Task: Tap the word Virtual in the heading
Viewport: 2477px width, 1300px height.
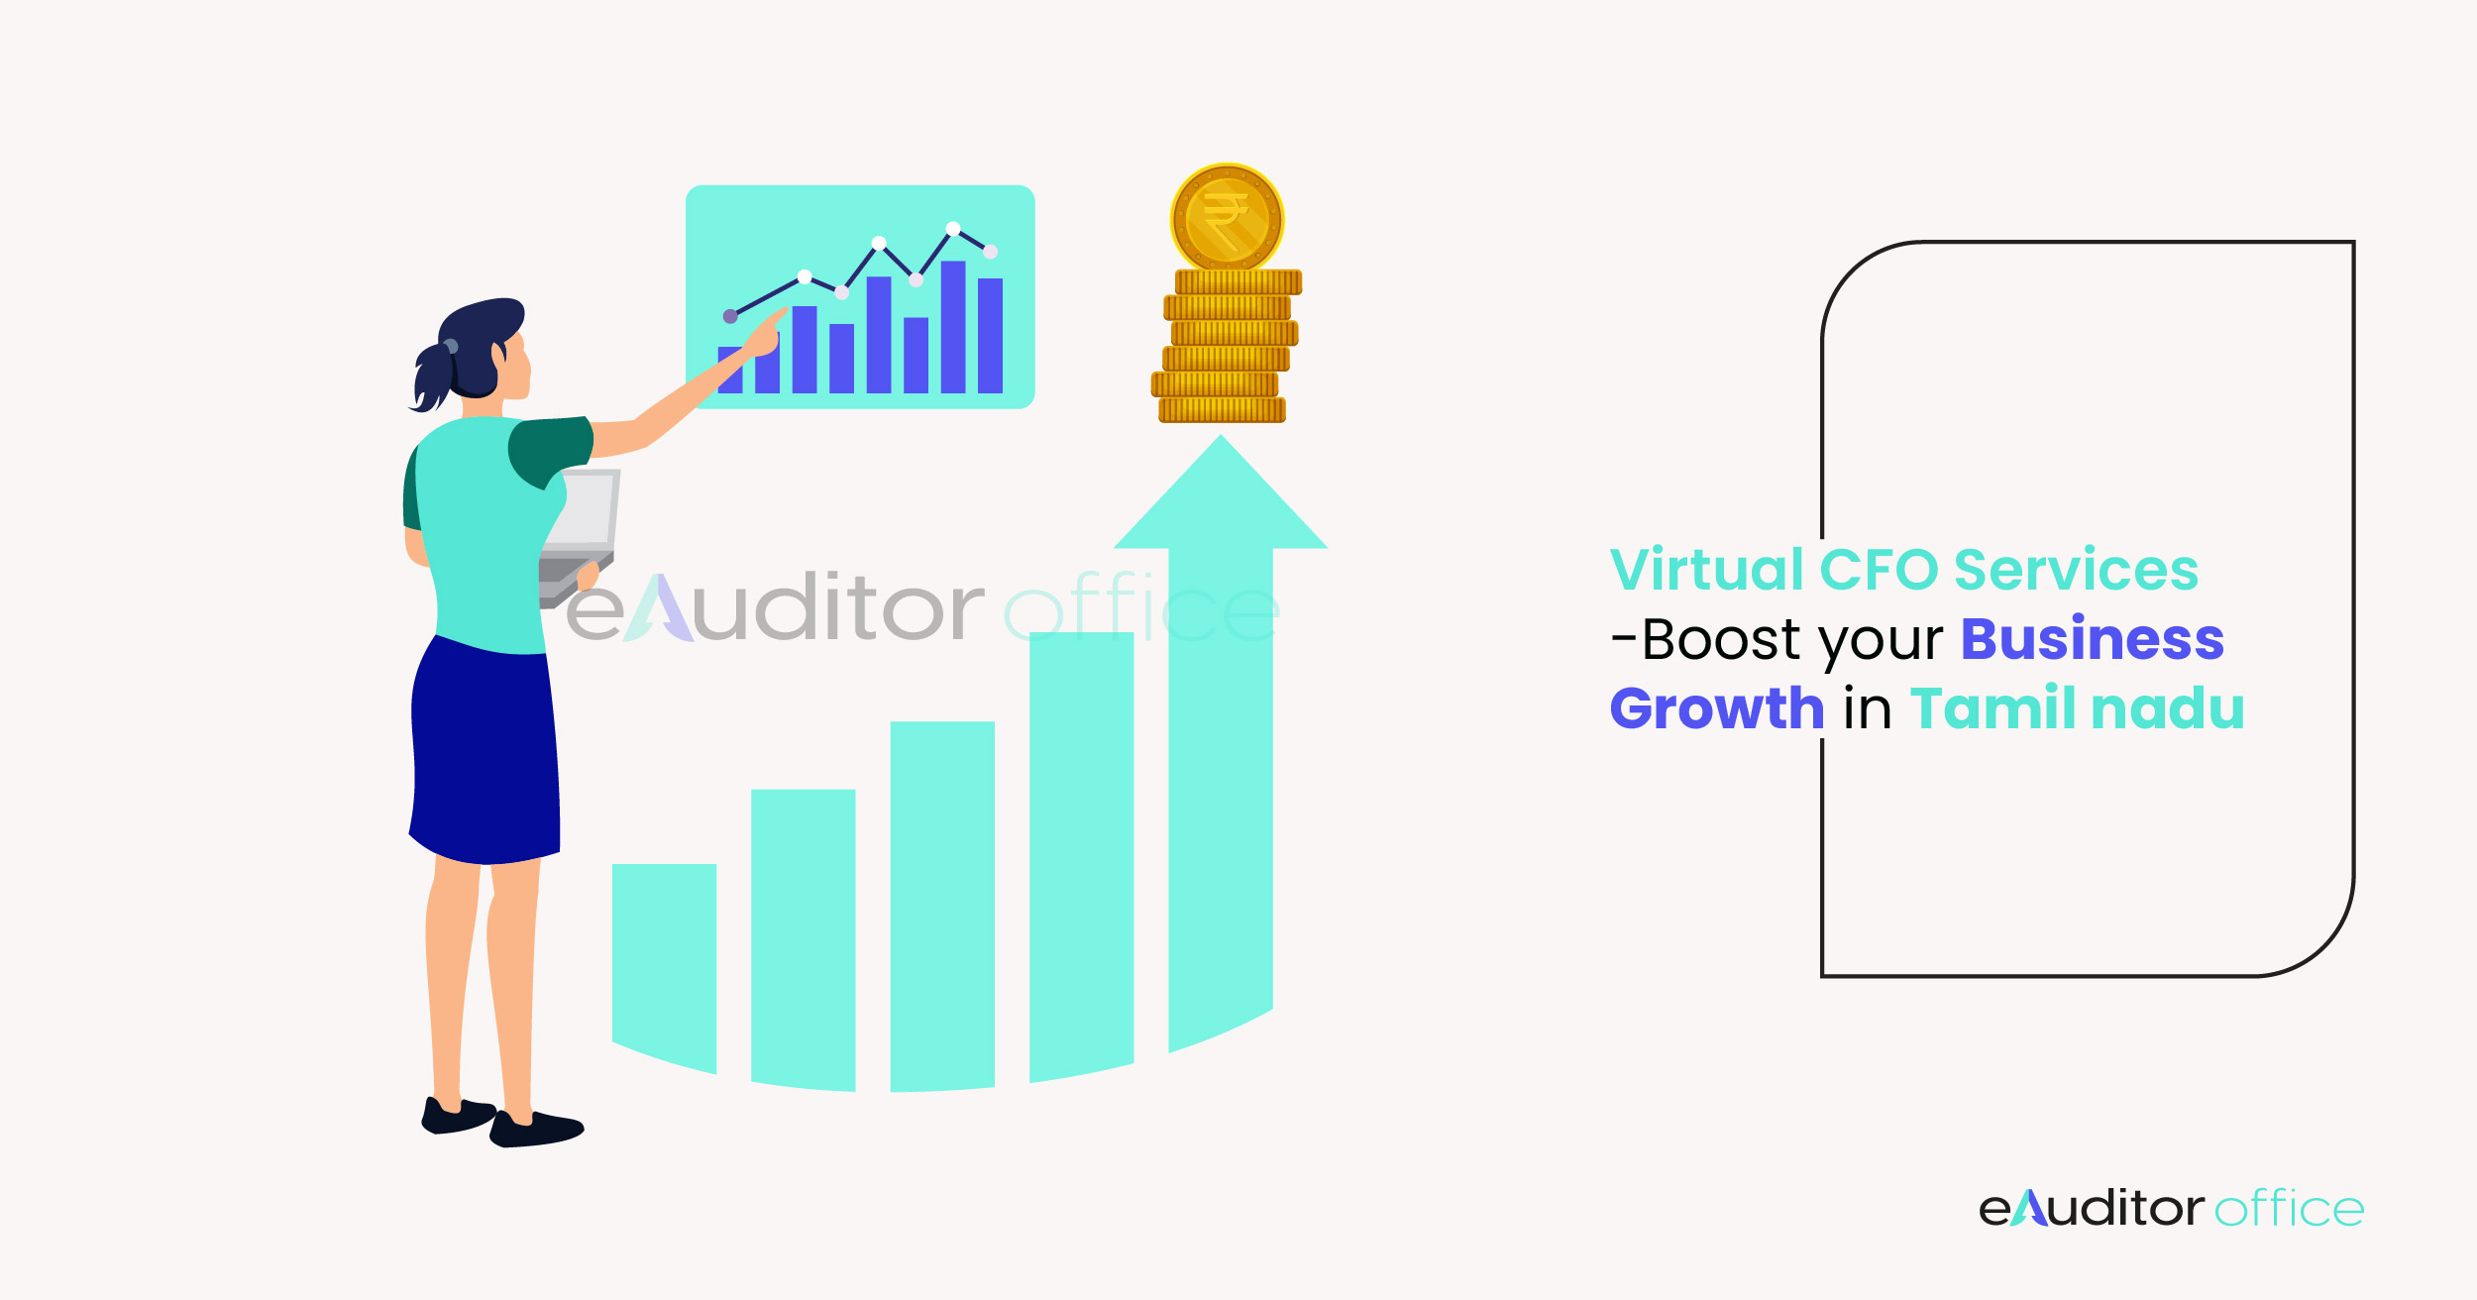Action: [x=1706, y=570]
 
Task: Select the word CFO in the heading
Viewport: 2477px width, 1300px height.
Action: [x=1879, y=570]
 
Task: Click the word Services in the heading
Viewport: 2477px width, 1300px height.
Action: [x=2076, y=570]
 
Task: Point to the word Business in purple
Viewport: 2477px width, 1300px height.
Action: [x=2092, y=639]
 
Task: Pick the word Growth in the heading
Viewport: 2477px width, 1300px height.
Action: [x=1716, y=708]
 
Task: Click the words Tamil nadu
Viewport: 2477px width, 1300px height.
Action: [x=2077, y=708]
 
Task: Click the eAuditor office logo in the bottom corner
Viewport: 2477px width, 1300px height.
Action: [x=2170, y=1209]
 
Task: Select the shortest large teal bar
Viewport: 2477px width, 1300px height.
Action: [x=664, y=961]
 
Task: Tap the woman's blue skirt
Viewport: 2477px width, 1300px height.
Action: [x=485, y=753]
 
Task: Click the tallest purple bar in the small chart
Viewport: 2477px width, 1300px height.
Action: [x=953, y=327]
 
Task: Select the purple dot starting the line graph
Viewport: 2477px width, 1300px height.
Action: [x=730, y=316]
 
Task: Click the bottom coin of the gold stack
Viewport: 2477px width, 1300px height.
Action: [x=1222, y=410]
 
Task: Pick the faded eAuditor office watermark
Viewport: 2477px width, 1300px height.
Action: [x=921, y=607]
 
